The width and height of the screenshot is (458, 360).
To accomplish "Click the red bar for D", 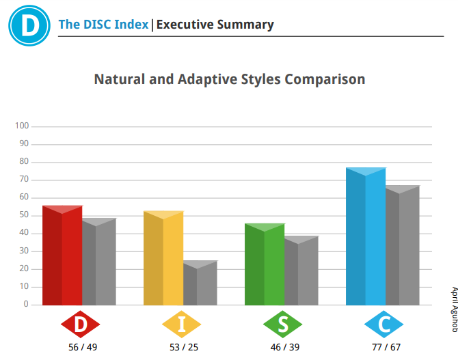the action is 62,255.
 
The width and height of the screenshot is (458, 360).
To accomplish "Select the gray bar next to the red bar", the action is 99,262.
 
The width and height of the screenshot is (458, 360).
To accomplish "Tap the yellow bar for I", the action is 163,258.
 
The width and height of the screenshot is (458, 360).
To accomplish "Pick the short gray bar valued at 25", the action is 200,283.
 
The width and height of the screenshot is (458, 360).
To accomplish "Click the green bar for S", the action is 265,264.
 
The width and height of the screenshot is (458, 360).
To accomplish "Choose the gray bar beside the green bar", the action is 301,271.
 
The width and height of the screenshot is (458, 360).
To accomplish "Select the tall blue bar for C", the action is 366,236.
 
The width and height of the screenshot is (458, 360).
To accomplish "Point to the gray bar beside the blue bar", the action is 403,245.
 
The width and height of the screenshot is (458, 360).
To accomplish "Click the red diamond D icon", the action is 81,324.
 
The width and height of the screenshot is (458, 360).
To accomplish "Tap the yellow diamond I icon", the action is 181,324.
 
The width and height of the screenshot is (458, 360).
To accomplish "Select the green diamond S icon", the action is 282,324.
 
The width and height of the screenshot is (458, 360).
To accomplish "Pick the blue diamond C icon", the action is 383,324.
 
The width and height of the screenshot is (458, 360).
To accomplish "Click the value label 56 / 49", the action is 83,347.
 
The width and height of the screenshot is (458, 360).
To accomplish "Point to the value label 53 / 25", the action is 184,347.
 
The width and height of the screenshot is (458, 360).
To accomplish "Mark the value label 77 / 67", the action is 386,347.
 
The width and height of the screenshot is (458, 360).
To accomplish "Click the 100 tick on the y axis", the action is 22,126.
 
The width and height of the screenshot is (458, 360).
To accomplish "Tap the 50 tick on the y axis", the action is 24,215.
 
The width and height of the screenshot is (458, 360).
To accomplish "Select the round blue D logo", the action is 29,25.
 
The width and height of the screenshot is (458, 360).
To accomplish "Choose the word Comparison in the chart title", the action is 325,80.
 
